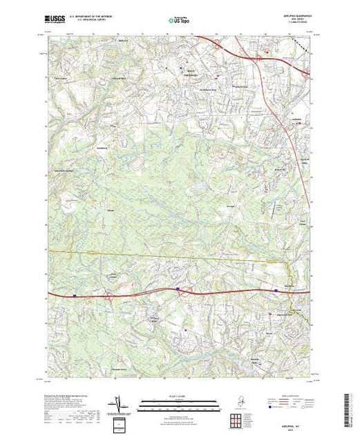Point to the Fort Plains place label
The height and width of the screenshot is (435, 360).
[x=301, y=222]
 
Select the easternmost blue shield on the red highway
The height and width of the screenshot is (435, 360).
[x=276, y=291]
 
